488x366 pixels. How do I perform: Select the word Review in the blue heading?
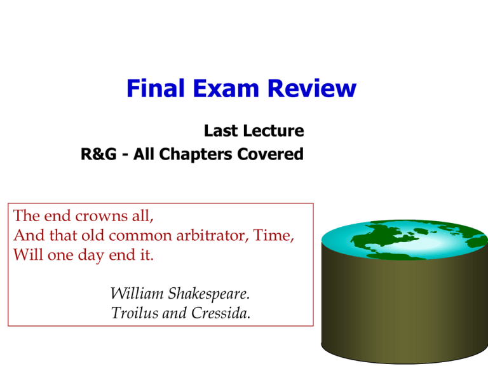[312, 88]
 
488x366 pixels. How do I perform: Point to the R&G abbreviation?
[98, 154]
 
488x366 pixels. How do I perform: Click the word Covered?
[271, 154]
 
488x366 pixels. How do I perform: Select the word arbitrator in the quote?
[212, 235]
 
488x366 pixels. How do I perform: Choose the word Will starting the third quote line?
[28, 255]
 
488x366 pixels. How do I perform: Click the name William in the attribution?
[137, 293]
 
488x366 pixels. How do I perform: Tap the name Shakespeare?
[209, 294]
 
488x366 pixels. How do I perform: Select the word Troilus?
[135, 313]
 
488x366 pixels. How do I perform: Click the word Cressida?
[220, 313]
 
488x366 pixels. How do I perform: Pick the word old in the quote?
[92, 235]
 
